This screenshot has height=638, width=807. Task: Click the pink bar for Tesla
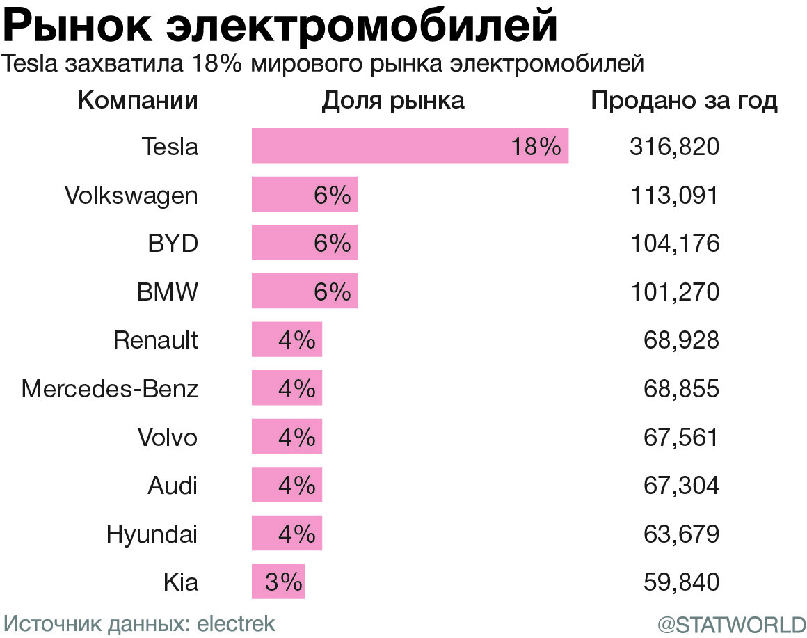(410, 146)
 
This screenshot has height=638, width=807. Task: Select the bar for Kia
(278, 582)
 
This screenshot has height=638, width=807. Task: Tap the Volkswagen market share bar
(304, 195)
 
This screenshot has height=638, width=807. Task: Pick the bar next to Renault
(287, 340)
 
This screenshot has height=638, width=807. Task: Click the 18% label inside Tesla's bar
(535, 147)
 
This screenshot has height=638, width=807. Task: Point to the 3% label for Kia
(282, 582)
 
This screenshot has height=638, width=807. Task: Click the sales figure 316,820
(673, 147)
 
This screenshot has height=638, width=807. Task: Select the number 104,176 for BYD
(673, 244)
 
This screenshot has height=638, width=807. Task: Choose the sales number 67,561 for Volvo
(681, 438)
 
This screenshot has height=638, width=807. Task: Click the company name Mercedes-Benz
(110, 388)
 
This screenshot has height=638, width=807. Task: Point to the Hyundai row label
(152, 534)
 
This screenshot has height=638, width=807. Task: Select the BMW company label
(167, 292)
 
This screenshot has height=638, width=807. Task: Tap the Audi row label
(173, 486)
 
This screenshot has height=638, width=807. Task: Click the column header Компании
(138, 101)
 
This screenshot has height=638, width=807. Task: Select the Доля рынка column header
(392, 101)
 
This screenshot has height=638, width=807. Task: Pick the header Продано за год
(684, 101)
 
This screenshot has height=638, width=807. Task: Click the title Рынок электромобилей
(280, 26)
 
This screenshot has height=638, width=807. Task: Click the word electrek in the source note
(237, 623)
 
